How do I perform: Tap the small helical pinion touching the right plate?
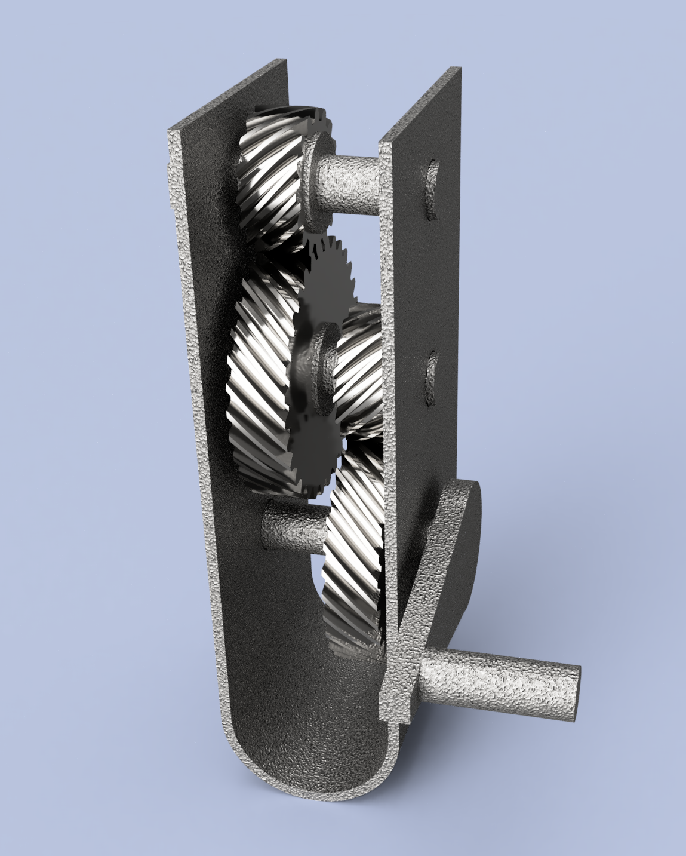(361, 370)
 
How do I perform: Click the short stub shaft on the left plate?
(293, 526)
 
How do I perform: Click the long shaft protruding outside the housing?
(496, 681)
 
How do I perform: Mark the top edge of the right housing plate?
(418, 108)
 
